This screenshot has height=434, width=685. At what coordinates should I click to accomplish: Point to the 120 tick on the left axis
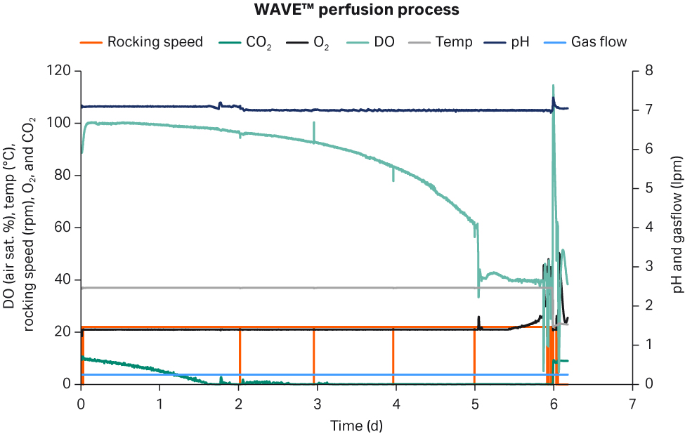[60, 71]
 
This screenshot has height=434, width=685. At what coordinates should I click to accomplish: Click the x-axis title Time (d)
[357, 425]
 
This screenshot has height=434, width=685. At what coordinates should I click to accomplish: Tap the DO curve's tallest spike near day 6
[553, 86]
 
